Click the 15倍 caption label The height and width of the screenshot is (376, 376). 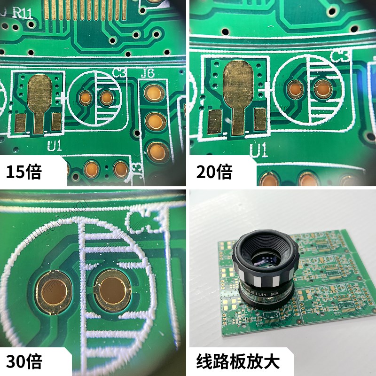23,172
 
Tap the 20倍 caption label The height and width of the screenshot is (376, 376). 214,172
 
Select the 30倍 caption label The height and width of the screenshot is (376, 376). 24,361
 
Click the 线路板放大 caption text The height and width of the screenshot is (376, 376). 238,361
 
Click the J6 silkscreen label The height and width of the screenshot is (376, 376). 148,73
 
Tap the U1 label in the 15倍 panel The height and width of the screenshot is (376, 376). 55,146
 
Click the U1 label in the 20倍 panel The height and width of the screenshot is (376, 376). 258,150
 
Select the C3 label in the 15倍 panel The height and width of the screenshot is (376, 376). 120,73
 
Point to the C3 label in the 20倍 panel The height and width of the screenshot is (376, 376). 341,57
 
